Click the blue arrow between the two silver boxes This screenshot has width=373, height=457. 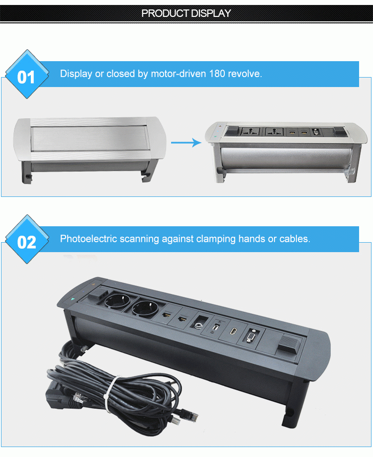pos(186,143)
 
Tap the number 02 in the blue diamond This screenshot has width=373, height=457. pos(26,242)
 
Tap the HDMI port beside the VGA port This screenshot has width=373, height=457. pos(232,331)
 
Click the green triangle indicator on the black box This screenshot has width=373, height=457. pos(74,299)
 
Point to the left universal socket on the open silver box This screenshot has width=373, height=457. pos(249,133)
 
